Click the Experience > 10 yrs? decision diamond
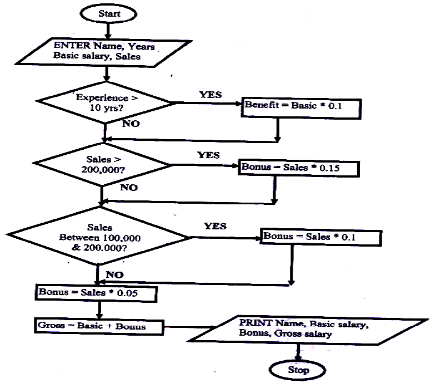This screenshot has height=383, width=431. (x=104, y=104)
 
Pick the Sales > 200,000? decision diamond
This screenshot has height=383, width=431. (x=102, y=165)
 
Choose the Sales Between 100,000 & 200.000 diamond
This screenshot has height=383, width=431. (x=100, y=237)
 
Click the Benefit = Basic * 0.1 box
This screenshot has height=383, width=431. (x=279, y=109)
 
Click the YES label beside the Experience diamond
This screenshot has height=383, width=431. (x=211, y=95)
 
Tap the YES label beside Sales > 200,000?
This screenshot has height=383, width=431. (x=208, y=155)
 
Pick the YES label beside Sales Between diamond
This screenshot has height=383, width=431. (x=215, y=227)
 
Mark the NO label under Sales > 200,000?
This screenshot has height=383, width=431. (x=128, y=188)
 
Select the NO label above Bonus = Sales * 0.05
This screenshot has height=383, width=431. (x=114, y=274)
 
